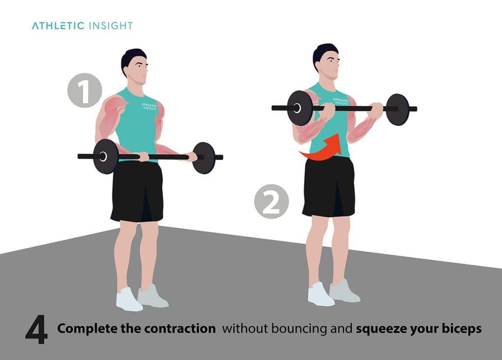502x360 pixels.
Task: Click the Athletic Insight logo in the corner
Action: point(82,25)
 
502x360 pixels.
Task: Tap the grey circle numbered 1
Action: point(85,90)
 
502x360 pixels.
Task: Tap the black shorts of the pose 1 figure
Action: point(137,191)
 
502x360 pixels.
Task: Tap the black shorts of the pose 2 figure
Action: point(328,186)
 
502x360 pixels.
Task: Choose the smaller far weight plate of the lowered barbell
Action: point(203,158)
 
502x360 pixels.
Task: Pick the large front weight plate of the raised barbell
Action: point(300,108)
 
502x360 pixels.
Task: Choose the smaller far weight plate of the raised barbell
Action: point(397,109)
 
